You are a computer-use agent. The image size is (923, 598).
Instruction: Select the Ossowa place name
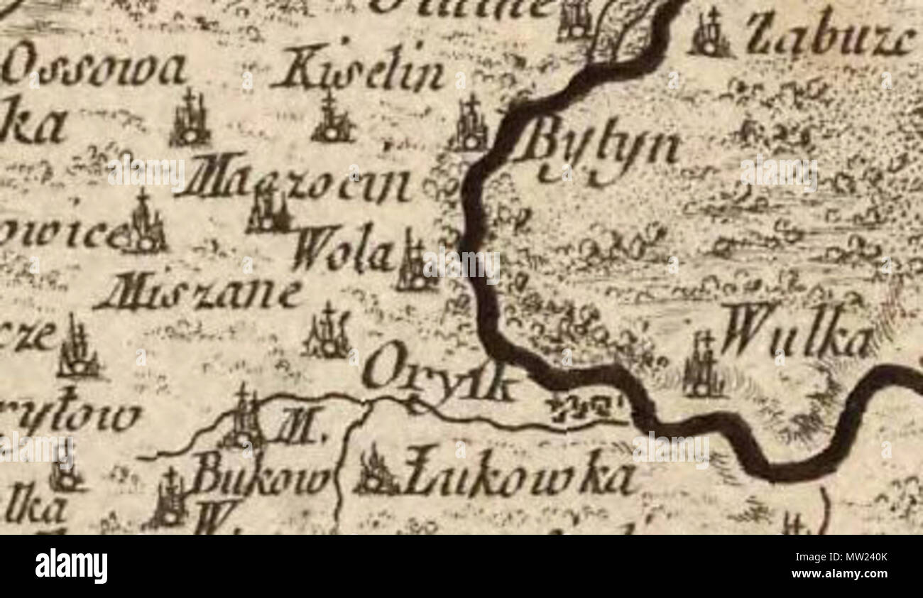93,71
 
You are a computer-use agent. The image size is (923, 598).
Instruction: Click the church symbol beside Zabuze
709,33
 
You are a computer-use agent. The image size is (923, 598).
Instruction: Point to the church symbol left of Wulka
702,365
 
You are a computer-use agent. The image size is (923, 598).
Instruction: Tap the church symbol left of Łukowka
374,472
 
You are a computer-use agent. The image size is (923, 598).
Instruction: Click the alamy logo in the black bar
71,566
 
